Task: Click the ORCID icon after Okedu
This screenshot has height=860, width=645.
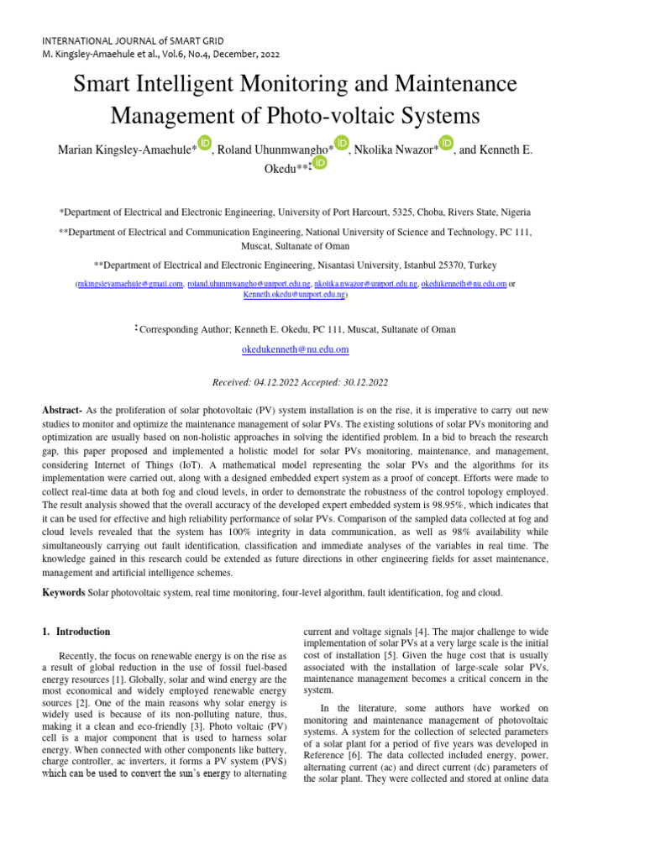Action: (318, 164)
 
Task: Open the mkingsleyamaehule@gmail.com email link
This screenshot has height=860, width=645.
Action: (130, 285)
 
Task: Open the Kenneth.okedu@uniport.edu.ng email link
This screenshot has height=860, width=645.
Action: (294, 296)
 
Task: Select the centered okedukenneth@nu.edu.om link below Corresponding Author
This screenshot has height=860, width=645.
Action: (295, 349)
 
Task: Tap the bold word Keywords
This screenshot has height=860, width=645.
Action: (64, 593)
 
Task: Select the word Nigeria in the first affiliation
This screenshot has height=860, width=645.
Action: (511, 213)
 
